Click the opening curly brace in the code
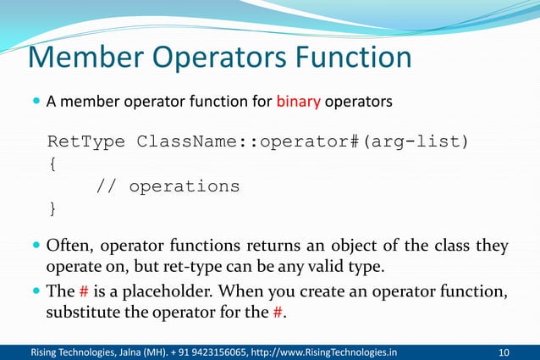pos(54,163)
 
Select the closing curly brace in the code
pos(54,208)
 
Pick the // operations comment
pos(168,186)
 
